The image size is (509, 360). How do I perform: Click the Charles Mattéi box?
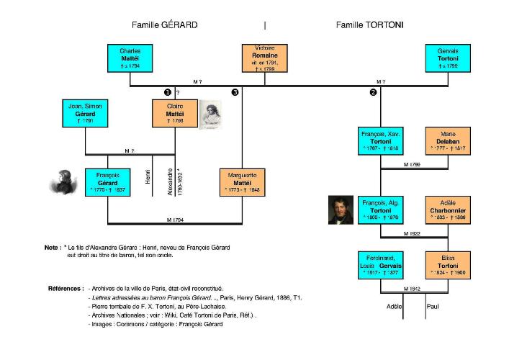pyautogui.click(x=130, y=59)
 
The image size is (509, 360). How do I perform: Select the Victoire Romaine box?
pyautogui.click(x=265, y=59)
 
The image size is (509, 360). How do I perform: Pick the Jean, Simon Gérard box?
pyautogui.click(x=86, y=112)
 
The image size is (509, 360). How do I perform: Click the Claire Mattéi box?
pyautogui.click(x=175, y=112)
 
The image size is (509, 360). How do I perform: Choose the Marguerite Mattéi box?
pyautogui.click(x=243, y=183)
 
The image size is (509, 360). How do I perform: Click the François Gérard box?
pyautogui.click(x=107, y=183)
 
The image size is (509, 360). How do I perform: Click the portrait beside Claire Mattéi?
pyautogui.click(x=210, y=113)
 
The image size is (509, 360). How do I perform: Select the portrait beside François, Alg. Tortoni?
pyautogui.click(x=341, y=210)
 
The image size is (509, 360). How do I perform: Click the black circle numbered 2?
pyautogui.click(x=373, y=92)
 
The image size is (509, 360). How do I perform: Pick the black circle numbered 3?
pyautogui.click(x=235, y=92)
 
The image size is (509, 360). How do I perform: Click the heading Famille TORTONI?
pyautogui.click(x=369, y=24)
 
